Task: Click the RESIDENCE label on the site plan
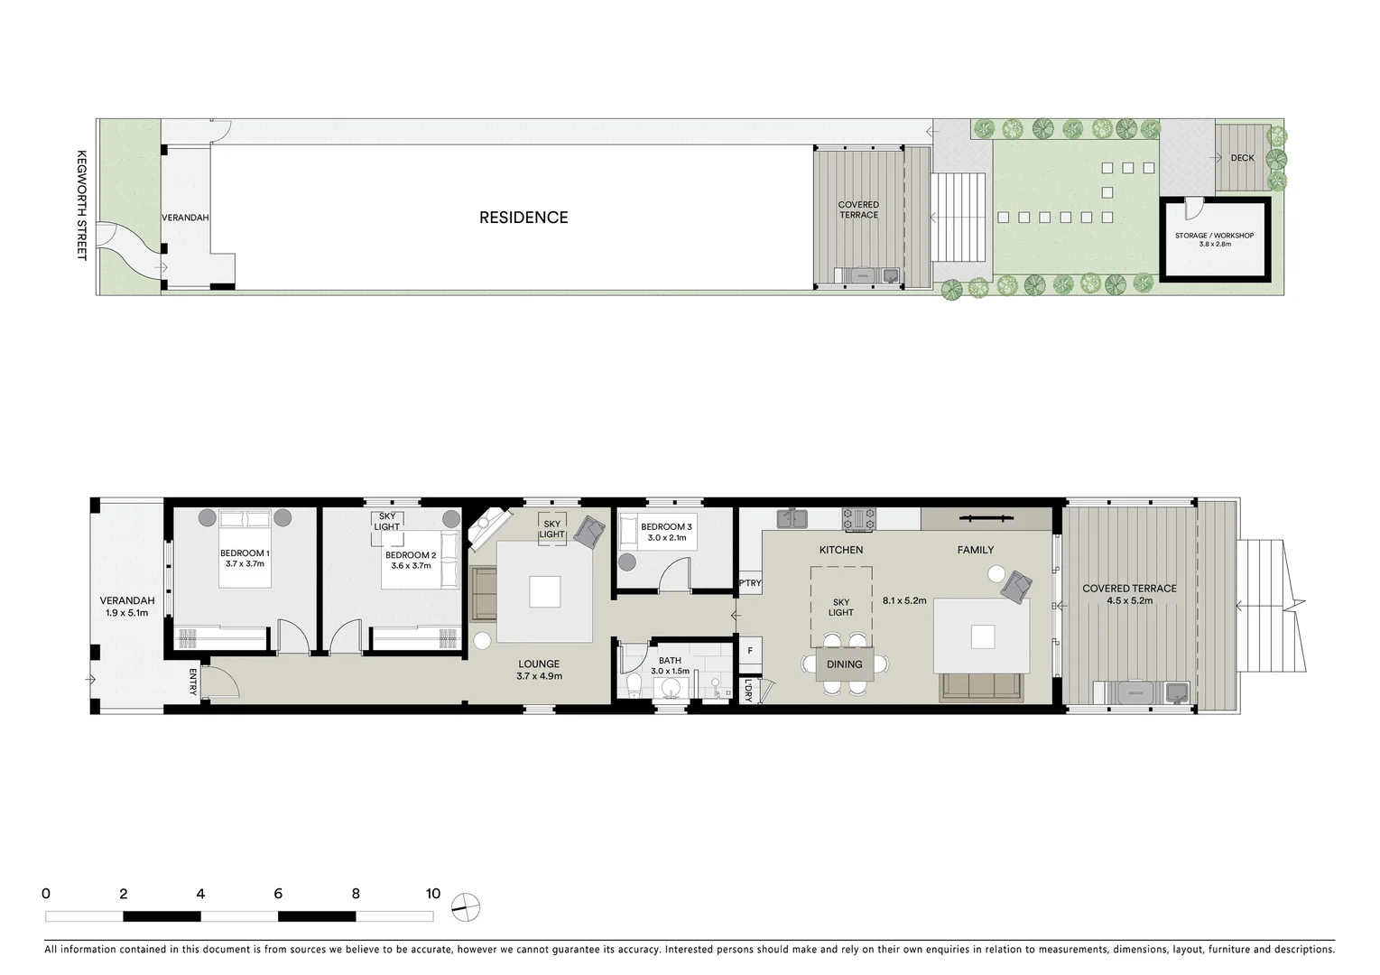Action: (523, 218)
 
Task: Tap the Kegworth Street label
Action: (81, 205)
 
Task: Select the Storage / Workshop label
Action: (1214, 236)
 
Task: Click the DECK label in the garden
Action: (1242, 158)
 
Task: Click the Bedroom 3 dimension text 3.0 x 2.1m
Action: (666, 538)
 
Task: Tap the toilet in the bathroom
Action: (634, 685)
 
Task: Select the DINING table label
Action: (844, 664)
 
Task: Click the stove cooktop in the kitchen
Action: (858, 518)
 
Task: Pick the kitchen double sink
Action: (792, 518)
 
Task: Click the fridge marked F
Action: (750, 651)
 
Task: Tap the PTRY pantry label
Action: (750, 583)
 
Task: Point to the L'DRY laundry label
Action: (749, 691)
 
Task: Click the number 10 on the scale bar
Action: (433, 894)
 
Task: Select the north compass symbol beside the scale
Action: (466, 906)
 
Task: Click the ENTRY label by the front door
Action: (193, 682)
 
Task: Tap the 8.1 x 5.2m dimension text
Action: (904, 600)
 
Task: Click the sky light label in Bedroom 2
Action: (387, 522)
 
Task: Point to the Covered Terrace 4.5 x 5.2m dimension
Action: (1129, 600)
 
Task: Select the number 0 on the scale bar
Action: (46, 894)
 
